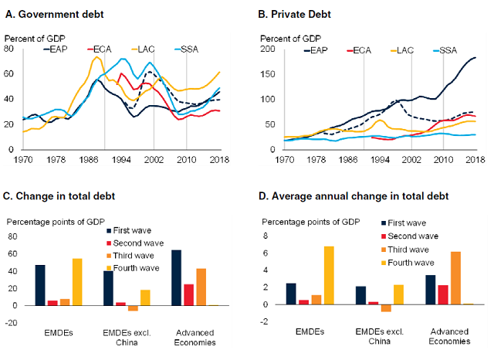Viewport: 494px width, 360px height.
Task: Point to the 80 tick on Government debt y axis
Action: [12, 49]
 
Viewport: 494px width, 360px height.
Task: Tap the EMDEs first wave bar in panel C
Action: [39, 285]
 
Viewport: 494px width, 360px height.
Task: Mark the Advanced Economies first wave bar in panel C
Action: [176, 277]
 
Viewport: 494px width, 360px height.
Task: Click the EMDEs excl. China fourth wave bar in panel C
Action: [145, 297]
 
